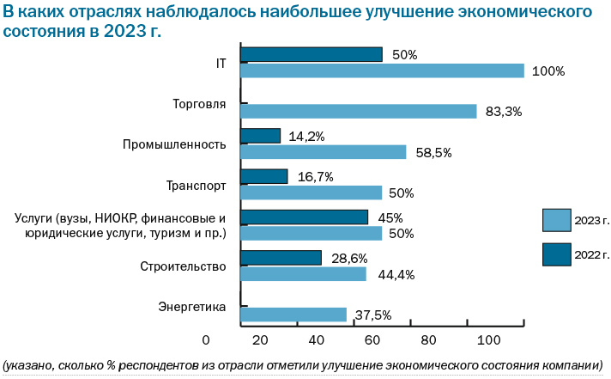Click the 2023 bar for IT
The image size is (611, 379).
(x=382, y=71)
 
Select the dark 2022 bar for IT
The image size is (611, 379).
(x=311, y=55)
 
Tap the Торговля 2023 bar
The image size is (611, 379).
(x=358, y=112)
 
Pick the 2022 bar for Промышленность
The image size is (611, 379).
(x=260, y=136)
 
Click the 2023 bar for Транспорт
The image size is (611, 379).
(x=311, y=193)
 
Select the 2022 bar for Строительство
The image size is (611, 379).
(x=281, y=258)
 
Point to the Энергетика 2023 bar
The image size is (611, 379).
(x=293, y=315)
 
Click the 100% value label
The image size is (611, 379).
(x=548, y=71)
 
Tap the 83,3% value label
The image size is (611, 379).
(x=504, y=112)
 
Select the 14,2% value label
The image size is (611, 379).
(x=306, y=136)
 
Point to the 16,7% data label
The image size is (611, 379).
(x=315, y=176)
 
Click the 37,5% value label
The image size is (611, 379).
(x=372, y=315)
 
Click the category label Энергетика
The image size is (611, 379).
(x=191, y=307)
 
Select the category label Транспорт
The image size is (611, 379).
(x=196, y=185)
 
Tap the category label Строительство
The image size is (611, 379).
(x=183, y=266)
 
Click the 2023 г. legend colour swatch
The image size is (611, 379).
(x=556, y=221)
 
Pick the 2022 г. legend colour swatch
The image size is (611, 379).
(x=556, y=254)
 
